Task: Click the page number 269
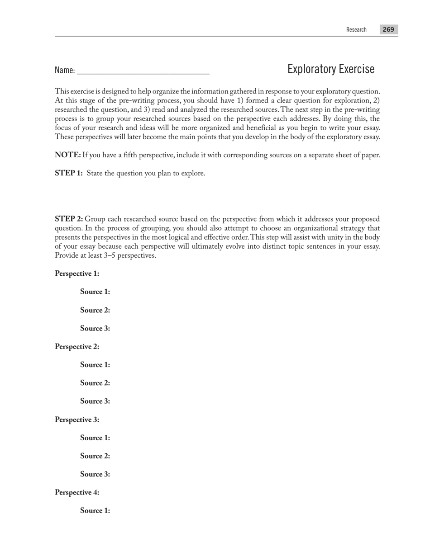[388, 29]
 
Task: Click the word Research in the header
[356, 29]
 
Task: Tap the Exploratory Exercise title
[331, 69]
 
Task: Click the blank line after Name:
[143, 71]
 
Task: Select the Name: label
[65, 70]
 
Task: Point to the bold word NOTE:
[68, 155]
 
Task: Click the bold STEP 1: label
[69, 173]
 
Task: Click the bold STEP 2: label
[69, 219]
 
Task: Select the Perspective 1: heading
[77, 273]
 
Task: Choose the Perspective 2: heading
[77, 347]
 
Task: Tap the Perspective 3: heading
[77, 419]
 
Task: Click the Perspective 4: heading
[77, 492]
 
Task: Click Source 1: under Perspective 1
[95, 292]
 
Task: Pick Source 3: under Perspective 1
[95, 328]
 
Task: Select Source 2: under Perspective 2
[95, 383]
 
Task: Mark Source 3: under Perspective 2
[95, 401]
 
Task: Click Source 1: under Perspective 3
[95, 438]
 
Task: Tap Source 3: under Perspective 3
[95, 474]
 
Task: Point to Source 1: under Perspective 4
[95, 511]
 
